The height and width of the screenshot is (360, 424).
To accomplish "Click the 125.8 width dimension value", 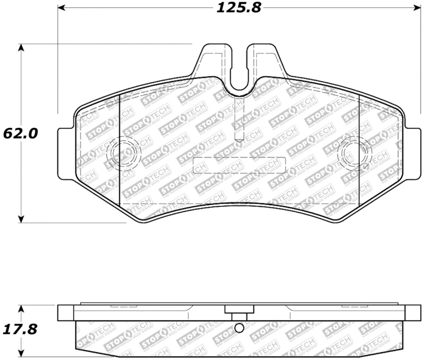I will coord(239,8).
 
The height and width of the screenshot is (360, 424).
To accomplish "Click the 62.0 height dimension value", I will coord(20,133).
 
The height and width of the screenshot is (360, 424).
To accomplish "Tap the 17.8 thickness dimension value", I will coord(20,329).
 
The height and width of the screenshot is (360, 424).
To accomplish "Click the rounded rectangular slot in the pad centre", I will coord(240,165).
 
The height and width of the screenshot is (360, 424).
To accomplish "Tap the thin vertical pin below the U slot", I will coord(239,119).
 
